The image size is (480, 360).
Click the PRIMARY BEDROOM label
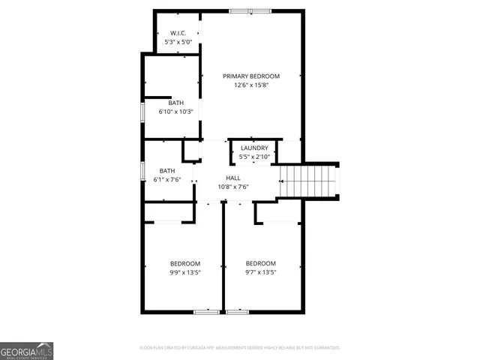(x=250, y=76)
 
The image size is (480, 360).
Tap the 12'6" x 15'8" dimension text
(x=250, y=85)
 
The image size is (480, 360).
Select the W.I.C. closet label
(x=178, y=34)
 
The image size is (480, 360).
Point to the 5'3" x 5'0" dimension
(x=178, y=43)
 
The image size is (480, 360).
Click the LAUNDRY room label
(x=254, y=148)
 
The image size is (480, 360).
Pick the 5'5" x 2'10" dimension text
(x=254, y=157)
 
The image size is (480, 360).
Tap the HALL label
(x=233, y=178)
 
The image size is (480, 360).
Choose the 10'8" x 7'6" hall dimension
(x=233, y=187)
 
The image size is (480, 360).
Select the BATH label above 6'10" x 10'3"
(x=175, y=103)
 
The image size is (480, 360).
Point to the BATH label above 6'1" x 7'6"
(x=166, y=171)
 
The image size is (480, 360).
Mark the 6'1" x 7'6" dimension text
(x=167, y=180)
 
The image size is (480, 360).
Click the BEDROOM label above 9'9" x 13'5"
(x=184, y=263)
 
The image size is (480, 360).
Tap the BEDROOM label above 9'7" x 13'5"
(x=261, y=263)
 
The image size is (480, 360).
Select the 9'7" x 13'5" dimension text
(x=261, y=272)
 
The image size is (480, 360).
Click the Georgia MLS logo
(x=26, y=351)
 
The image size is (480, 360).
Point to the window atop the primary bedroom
(x=250, y=10)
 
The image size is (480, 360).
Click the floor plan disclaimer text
(x=240, y=348)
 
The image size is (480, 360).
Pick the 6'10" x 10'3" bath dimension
(x=175, y=112)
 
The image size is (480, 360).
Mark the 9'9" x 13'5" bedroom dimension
(x=184, y=272)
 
